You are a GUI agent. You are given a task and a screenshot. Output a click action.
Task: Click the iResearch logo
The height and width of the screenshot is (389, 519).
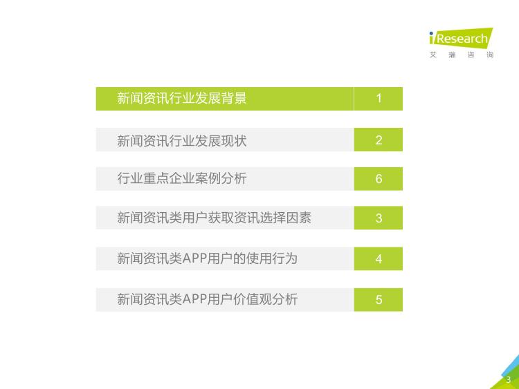coord(461,38)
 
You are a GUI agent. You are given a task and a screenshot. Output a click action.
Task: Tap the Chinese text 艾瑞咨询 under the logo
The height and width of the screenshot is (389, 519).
coord(462,55)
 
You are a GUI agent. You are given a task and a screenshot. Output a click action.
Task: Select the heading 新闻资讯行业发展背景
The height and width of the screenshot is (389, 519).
coord(182,98)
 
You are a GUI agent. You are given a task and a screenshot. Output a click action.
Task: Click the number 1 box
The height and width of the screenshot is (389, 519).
coord(379,99)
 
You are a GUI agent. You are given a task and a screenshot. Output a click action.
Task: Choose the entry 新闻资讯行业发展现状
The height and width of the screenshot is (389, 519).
coord(182,140)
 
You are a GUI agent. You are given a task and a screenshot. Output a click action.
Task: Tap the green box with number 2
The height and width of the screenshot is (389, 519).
coord(379,140)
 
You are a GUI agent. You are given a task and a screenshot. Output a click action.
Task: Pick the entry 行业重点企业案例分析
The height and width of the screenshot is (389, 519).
coord(182,178)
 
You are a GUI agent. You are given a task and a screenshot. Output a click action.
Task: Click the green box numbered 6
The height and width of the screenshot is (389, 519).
coord(379,179)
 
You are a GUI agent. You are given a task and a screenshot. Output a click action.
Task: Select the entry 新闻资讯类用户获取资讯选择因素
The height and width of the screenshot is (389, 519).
coord(214,218)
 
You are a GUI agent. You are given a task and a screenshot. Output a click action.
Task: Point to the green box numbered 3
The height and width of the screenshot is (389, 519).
coord(379,218)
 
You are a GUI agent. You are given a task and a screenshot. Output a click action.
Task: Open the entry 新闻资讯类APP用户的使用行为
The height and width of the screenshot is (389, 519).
coord(207,258)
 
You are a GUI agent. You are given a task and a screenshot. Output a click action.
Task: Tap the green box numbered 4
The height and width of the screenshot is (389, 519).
coord(379,259)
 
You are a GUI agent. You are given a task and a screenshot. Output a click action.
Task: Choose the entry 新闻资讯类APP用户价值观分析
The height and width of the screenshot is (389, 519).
coord(207,299)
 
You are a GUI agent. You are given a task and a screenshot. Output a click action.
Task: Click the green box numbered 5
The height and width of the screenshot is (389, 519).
coord(379,300)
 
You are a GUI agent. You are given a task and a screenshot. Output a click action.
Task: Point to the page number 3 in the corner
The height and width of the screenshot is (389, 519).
coord(509,380)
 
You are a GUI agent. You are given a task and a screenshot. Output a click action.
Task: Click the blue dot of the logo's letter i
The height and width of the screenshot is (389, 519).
coord(431,33)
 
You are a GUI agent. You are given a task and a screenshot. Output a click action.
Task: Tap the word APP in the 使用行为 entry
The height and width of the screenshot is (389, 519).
coord(194,258)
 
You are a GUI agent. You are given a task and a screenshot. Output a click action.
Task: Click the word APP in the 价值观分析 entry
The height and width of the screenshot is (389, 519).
coord(194,299)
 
